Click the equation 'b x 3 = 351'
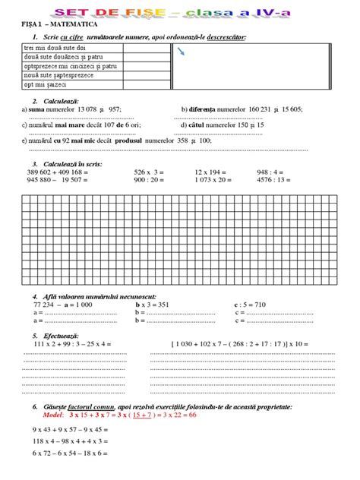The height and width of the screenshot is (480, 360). click(152, 303)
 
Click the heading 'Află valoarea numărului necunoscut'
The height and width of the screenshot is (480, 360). click(94, 295)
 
